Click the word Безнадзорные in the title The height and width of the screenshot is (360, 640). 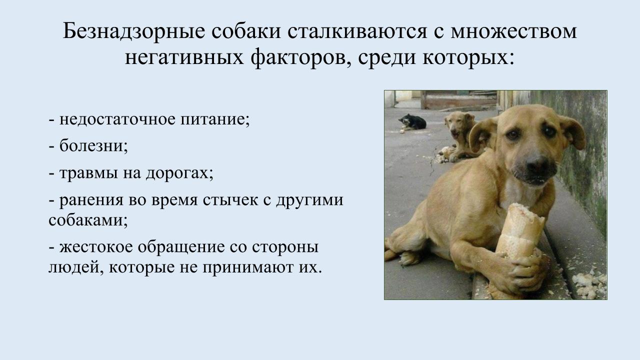(x=133, y=31)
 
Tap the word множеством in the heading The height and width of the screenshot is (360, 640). (x=514, y=31)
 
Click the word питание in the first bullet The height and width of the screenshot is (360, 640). (x=215, y=119)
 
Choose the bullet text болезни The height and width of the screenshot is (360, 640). (x=93, y=145)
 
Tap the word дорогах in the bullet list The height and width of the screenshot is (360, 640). (x=179, y=173)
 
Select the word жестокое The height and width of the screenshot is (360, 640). (x=96, y=246)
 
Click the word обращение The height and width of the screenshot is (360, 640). (x=181, y=247)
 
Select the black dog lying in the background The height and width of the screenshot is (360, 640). (x=413, y=121)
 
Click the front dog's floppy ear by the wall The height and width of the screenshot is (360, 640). (x=573, y=132)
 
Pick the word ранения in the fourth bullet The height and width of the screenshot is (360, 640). (x=91, y=200)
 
